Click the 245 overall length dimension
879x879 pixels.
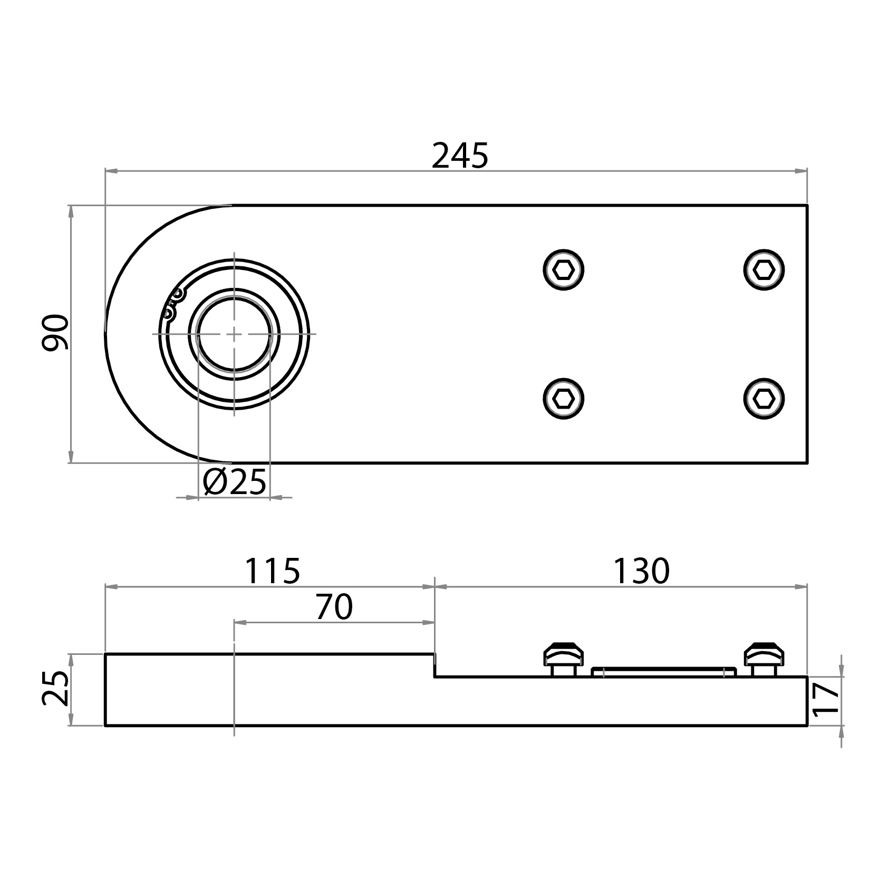pos(460,156)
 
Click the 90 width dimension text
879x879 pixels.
pos(55,332)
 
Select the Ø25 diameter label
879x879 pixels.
pos(235,481)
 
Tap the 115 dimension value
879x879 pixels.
pos(272,571)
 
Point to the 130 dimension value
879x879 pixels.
pos(641,571)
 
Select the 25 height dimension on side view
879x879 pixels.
pos(55,689)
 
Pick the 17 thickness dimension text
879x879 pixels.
pos(825,699)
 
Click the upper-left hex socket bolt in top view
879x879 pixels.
pos(563,270)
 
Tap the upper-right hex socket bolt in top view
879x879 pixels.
pos(764,270)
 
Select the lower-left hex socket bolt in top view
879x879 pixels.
pos(563,399)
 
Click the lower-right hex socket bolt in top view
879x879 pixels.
pos(764,399)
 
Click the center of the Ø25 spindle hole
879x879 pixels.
pos(234,334)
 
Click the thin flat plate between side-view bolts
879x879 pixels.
pos(663,671)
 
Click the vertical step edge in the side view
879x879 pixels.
pos(434,665)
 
